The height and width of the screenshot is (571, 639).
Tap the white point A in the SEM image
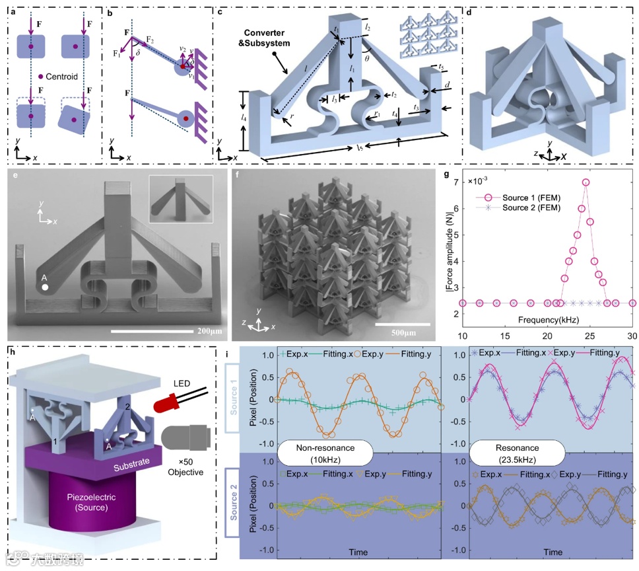[x=44, y=287]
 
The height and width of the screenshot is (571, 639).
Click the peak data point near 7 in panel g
[x=586, y=182]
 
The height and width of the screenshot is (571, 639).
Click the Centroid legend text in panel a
[x=59, y=77]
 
